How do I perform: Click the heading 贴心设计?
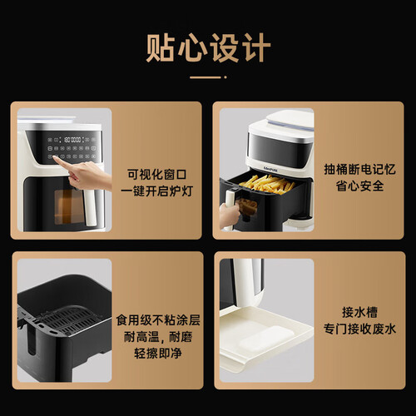tap(208, 47)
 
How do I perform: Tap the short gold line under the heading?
tap(206, 77)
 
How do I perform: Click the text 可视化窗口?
tap(157, 175)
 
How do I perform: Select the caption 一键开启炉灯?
tap(157, 191)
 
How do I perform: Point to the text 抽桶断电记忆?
tap(359, 169)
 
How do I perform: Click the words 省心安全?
tap(359, 186)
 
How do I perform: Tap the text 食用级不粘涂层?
tap(158, 320)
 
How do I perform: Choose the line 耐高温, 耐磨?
tap(158, 337)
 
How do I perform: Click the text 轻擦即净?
tap(158, 354)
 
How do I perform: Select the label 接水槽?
tap(359, 312)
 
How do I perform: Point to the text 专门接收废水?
tap(359, 329)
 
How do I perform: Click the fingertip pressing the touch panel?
tap(55, 158)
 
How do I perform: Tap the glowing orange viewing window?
tap(68, 206)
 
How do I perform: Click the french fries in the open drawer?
tap(266, 183)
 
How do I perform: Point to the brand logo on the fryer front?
tap(270, 168)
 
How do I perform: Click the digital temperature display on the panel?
tap(72, 140)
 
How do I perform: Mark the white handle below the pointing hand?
tap(91, 206)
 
